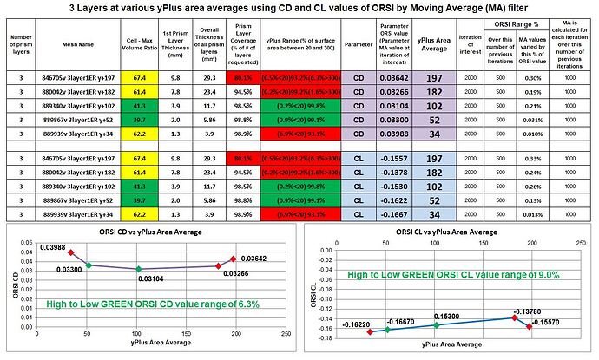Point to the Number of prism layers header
tap(19, 45)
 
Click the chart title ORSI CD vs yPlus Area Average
tap(148, 233)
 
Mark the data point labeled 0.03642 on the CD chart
tap(233, 259)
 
